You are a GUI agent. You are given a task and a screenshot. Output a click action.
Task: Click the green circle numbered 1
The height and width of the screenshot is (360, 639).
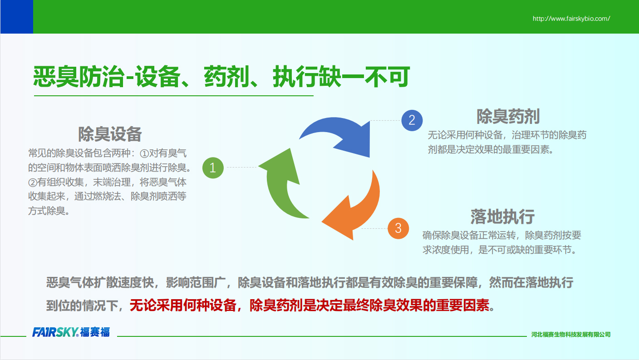tap(213, 168)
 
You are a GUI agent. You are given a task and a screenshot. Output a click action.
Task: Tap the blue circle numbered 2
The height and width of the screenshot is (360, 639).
tap(412, 120)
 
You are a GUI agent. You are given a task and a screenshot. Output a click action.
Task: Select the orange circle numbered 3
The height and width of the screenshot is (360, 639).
tap(398, 228)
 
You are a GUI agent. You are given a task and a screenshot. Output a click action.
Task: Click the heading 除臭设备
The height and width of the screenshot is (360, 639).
tap(110, 134)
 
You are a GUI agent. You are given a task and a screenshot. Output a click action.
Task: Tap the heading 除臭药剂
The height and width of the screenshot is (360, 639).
tap(508, 116)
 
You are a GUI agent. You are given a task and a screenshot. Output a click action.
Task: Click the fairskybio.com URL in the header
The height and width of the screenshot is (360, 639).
tap(571, 19)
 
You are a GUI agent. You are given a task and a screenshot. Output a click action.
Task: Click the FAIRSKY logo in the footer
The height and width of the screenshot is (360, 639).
tap(71, 332)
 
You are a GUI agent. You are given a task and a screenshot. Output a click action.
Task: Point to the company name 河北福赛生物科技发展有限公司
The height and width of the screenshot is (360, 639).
tap(571, 334)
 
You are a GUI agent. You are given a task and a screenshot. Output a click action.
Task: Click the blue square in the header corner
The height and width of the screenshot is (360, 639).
tap(16, 16)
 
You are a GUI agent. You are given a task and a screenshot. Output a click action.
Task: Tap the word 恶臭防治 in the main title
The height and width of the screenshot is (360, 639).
tap(79, 76)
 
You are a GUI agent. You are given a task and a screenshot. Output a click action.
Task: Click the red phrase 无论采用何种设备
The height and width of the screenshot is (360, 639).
tap(183, 306)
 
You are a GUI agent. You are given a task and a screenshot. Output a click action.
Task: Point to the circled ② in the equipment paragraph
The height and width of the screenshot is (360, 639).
tap(33, 182)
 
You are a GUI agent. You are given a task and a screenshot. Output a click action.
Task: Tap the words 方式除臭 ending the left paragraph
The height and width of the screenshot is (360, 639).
tap(47, 211)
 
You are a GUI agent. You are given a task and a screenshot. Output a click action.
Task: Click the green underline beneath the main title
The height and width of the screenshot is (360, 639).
tap(174, 96)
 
